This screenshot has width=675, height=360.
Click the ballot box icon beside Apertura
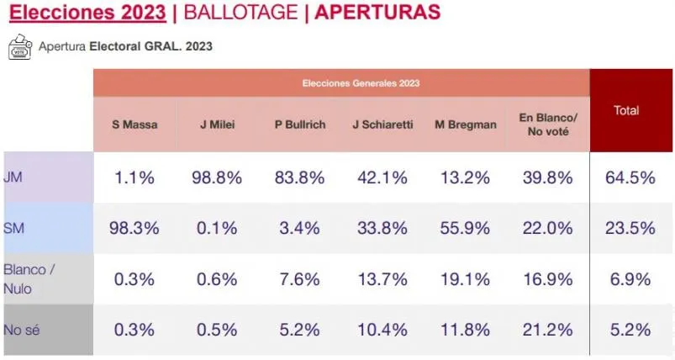pyautogui.click(x=18, y=47)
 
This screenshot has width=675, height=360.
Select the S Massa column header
pyautogui.click(x=134, y=124)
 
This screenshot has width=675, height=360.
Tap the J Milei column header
pyautogui.click(x=217, y=124)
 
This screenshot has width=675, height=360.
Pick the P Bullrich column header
pyautogui.click(x=300, y=124)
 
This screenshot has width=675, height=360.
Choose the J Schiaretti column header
pyautogui.click(x=382, y=124)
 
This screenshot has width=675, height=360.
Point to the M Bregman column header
pyautogui.click(x=466, y=124)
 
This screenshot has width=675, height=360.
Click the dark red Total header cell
pyautogui.click(x=626, y=110)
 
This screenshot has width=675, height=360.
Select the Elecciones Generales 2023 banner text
pyautogui.click(x=361, y=83)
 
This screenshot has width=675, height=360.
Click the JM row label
pyautogui.click(x=13, y=177)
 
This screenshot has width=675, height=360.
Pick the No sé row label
pyautogui.click(x=21, y=330)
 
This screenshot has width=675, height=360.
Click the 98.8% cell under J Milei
pyautogui.click(x=217, y=177)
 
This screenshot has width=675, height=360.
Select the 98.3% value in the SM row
pyautogui.click(x=134, y=228)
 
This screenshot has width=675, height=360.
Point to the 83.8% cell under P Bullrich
pyautogui.click(x=300, y=177)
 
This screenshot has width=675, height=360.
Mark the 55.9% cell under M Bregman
pyautogui.click(x=466, y=228)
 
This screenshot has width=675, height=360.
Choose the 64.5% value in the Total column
pyautogui.click(x=630, y=177)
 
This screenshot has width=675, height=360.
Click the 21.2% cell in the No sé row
pyautogui.click(x=547, y=330)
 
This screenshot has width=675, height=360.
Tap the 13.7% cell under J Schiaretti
pyautogui.click(x=382, y=279)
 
